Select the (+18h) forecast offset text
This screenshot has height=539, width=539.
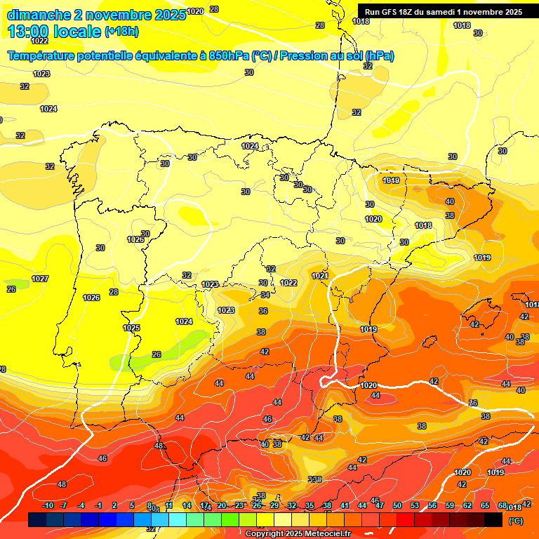coord(121,32)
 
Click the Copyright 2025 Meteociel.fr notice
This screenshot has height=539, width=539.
coord(298,533)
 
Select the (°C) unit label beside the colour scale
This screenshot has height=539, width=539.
coord(515,521)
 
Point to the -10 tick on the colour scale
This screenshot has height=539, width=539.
coord(48,506)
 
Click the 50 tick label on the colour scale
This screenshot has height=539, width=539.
coord(397,506)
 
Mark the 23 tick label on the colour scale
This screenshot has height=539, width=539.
coord(239,506)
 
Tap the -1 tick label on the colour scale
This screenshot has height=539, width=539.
coord(99,506)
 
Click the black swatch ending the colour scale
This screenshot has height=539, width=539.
coord(493,519)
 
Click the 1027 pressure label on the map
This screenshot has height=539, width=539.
coord(40,279)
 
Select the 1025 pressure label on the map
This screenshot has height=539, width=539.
coord(131,328)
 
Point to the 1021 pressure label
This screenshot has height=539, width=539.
coord(320,276)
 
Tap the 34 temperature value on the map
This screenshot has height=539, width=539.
coord(265,295)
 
